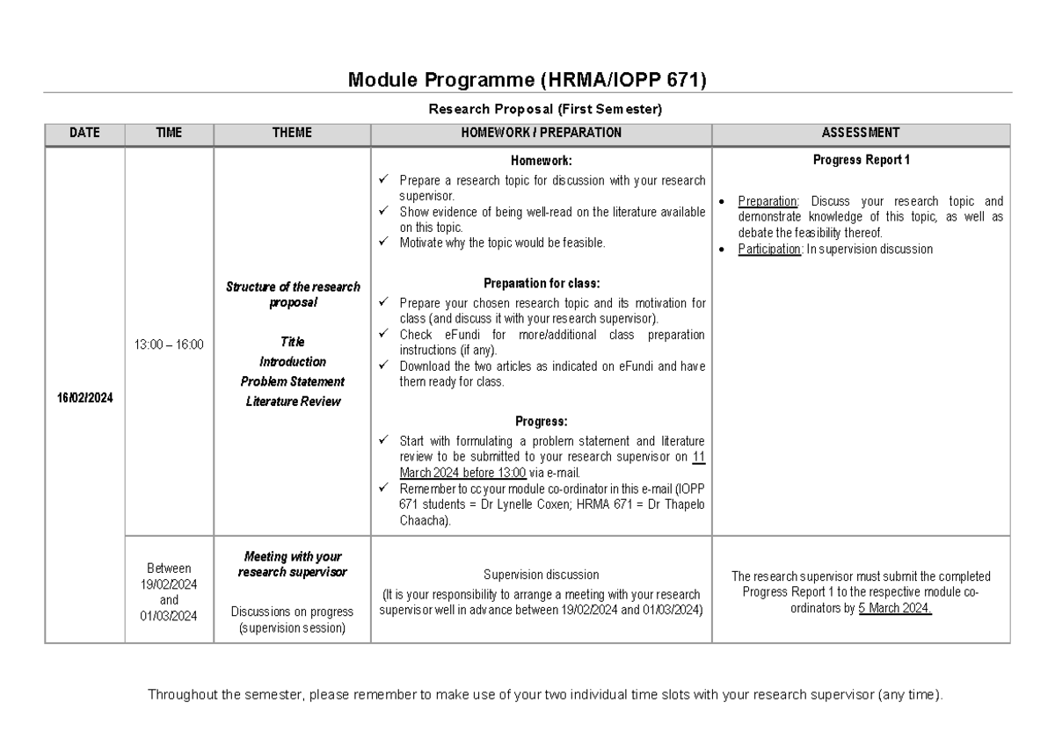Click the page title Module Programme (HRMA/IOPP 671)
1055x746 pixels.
[527, 81]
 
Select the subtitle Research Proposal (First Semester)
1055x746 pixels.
[544, 110]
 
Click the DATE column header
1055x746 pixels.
[84, 133]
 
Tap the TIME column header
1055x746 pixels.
[169, 133]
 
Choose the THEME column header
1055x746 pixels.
[292, 133]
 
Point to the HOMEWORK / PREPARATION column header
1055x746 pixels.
[541, 133]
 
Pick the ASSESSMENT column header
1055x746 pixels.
[860, 133]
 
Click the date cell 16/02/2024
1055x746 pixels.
[84, 397]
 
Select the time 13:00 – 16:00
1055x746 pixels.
[169, 344]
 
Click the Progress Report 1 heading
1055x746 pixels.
[861, 160]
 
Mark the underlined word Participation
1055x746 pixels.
[770, 250]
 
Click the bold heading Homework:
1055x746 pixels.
[541, 161]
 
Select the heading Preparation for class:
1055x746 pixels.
[541, 284]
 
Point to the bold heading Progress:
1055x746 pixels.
[541, 421]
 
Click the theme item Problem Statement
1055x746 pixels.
[292, 381]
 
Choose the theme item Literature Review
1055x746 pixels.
[292, 402]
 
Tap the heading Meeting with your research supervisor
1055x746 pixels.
[292, 564]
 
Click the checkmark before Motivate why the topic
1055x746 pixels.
[382, 243]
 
